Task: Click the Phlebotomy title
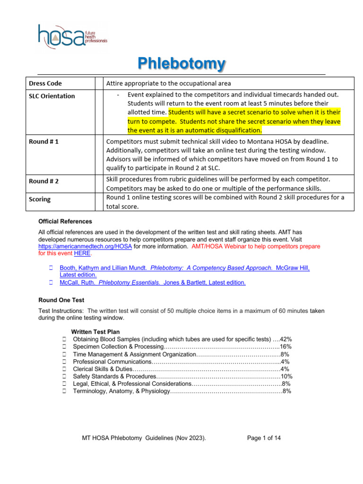tap(181, 63)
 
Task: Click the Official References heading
tap(65, 221)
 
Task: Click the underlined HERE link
tap(82, 253)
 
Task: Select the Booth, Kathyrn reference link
tap(184, 268)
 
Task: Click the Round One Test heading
tap(61, 300)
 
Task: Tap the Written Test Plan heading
tap(95, 332)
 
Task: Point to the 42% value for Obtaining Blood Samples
tap(286, 339)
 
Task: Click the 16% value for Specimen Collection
tap(285, 347)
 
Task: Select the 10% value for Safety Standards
tap(286, 376)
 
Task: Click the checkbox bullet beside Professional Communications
tap(64, 362)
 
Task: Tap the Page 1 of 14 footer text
tap(264, 438)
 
